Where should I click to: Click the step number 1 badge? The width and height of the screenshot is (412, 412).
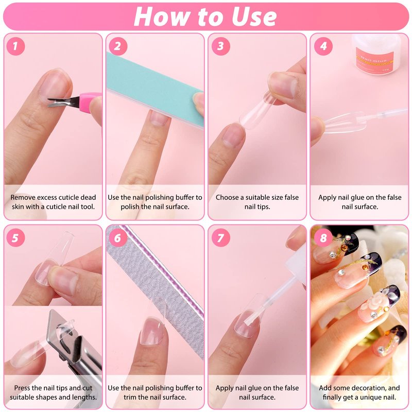(15, 46)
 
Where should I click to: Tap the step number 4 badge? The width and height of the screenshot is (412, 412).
(323, 46)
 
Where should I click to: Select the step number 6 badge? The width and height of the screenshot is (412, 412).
(118, 238)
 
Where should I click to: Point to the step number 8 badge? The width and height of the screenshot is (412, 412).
(323, 238)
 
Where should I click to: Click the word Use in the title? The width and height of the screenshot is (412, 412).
(254, 17)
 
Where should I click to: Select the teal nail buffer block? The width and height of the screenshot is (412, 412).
(155, 89)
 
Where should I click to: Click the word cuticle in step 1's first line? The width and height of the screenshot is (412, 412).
(63, 197)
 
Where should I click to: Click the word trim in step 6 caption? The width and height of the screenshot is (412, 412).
(130, 397)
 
